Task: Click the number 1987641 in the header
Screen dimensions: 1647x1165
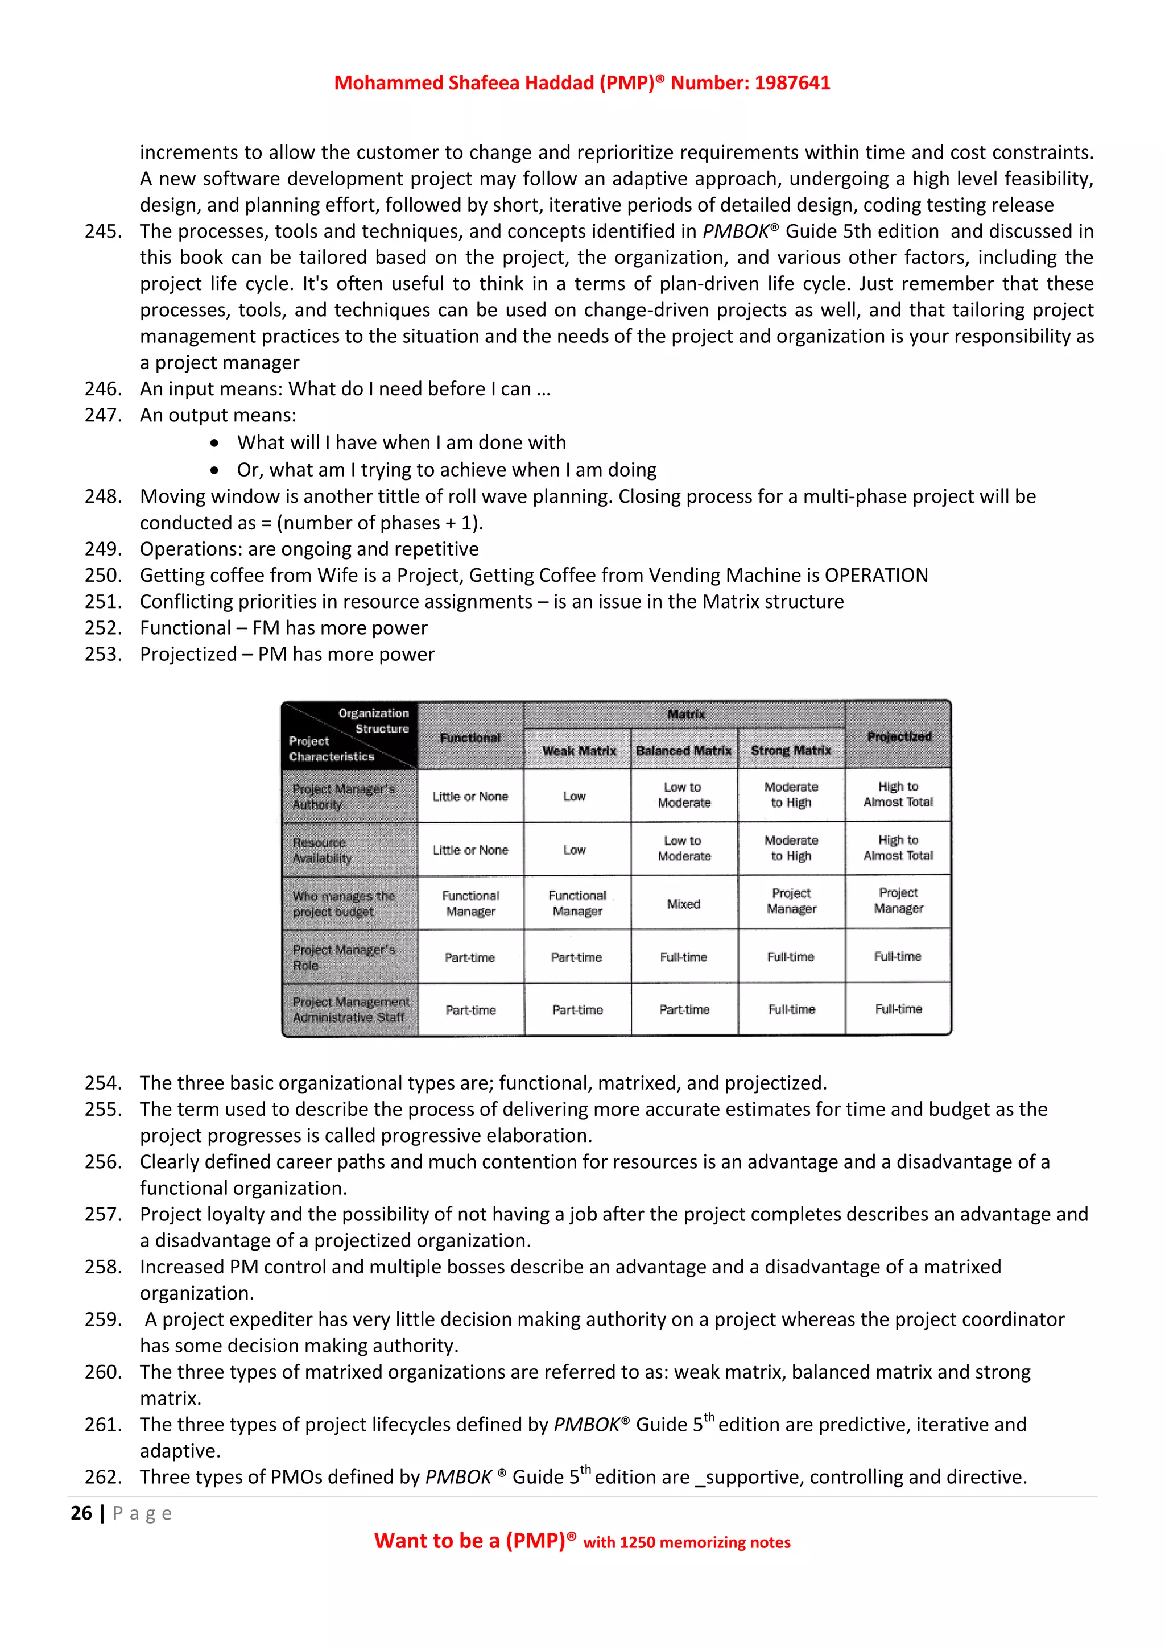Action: coord(792,83)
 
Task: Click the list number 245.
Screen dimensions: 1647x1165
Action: coord(102,231)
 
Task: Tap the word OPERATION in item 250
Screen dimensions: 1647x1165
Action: coord(876,576)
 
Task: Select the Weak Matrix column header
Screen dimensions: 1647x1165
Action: coord(578,750)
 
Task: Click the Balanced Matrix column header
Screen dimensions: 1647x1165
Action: coord(684,750)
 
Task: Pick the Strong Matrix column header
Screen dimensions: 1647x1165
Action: coord(791,750)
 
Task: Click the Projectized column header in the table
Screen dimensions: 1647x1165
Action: coord(898,736)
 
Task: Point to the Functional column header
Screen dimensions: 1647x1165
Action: coord(470,738)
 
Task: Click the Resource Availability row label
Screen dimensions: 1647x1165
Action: coord(323,850)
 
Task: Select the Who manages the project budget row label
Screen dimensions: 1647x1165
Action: coord(344,904)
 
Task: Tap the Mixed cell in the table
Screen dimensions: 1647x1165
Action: coord(683,904)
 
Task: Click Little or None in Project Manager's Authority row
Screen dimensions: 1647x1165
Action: coord(470,796)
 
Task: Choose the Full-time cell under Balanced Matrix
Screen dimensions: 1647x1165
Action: coord(683,957)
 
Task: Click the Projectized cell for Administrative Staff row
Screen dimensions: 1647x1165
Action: coord(898,1009)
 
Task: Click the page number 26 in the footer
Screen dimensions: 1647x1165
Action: coord(81,1513)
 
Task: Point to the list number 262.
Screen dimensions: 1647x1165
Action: coord(102,1477)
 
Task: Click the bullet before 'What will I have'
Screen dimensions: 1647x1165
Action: coord(214,443)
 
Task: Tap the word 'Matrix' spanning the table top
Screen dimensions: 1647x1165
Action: coord(686,714)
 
